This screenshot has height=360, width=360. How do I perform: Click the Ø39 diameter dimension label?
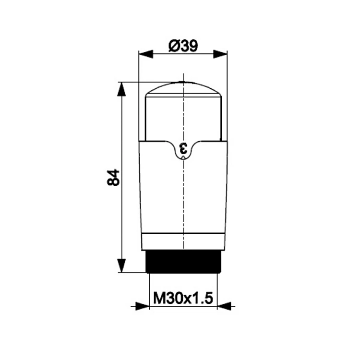[x=183, y=46]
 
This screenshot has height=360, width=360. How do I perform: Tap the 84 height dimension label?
[x=113, y=178]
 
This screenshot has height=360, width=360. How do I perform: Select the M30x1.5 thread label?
[x=183, y=298]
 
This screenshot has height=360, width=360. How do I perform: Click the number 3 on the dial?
[x=183, y=148]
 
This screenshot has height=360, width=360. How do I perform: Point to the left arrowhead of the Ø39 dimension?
[x=146, y=54]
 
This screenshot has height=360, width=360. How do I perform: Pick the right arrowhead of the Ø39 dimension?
[x=220, y=54]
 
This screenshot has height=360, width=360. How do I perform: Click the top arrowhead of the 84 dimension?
[x=121, y=89]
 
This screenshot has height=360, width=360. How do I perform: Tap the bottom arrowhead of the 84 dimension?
[x=121, y=265]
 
